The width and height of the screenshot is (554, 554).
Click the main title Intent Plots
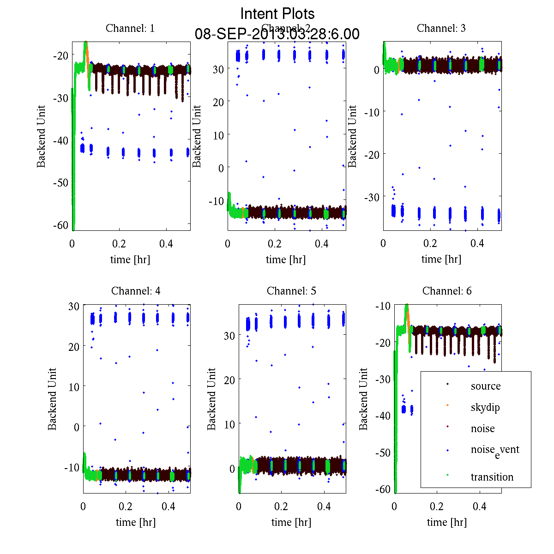pos(277,13)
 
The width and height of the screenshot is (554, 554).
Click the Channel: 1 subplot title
pos(130,28)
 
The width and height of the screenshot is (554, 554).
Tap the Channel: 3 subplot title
pos(441,28)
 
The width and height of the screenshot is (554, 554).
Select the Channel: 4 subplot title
pos(136,291)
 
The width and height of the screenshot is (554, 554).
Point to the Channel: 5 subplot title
pos(291,291)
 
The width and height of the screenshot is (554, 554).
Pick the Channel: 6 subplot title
pos(447,291)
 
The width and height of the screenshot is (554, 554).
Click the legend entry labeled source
pos(485,386)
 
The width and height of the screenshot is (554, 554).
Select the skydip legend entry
pos(485,407)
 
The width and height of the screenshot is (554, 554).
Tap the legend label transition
pos(492,477)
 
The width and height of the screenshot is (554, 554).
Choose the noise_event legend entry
pos(494,450)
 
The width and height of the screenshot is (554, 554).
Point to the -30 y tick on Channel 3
pos(372,197)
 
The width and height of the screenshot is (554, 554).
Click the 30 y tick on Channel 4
pos(74,306)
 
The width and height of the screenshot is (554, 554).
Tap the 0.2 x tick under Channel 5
pos(281,506)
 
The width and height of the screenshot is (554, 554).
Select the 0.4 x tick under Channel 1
pos(166,244)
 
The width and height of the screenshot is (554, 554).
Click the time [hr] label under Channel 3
pos(441,259)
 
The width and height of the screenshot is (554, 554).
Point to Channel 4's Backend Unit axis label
pos(52,399)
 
